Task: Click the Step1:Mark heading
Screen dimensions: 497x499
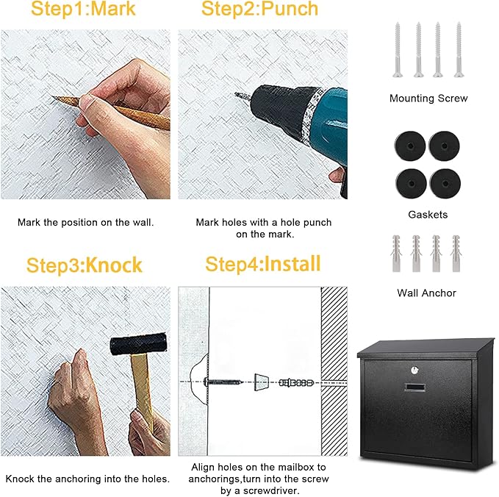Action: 82,10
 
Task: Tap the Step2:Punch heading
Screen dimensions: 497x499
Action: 259,10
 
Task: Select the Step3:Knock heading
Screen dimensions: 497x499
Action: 85,265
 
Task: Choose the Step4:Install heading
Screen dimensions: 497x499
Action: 262,264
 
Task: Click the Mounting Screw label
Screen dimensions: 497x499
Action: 428,98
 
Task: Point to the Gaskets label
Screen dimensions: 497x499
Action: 428,215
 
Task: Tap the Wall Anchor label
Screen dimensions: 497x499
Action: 427,293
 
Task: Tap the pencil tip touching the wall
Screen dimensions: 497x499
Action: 55,99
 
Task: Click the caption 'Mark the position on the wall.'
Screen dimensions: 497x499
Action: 85,221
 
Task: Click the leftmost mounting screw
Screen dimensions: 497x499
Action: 398,49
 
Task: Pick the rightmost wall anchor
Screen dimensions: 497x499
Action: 456,254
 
